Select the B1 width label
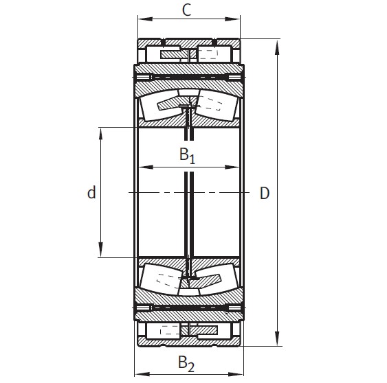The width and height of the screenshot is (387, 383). pyautogui.click(x=188, y=156)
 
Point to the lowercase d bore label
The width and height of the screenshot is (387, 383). pyautogui.click(x=91, y=193)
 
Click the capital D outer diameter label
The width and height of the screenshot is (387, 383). pyautogui.click(x=264, y=193)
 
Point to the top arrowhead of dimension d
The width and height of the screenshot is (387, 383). pyautogui.click(x=101, y=131)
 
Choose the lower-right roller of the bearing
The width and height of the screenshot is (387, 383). pyautogui.click(x=214, y=281)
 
